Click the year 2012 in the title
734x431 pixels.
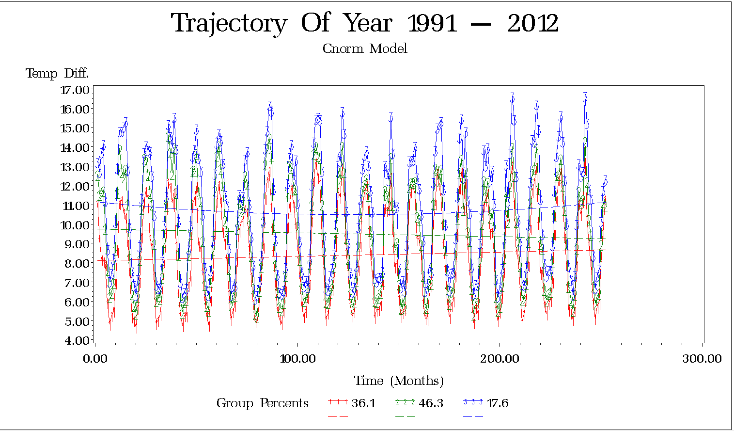tap(533, 23)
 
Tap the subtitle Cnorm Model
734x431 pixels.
tap(365, 48)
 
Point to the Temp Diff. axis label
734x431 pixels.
tap(57, 74)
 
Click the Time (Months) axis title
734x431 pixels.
tap(399, 381)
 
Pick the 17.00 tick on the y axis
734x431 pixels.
tap(75, 90)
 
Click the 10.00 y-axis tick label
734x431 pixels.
tap(75, 224)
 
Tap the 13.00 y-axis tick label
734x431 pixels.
tap(75, 167)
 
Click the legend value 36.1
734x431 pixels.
tap(363, 403)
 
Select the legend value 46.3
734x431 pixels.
tap(431, 403)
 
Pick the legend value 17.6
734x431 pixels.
tap(497, 403)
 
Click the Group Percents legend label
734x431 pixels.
tap(262, 403)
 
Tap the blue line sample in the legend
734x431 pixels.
tap(473, 401)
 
